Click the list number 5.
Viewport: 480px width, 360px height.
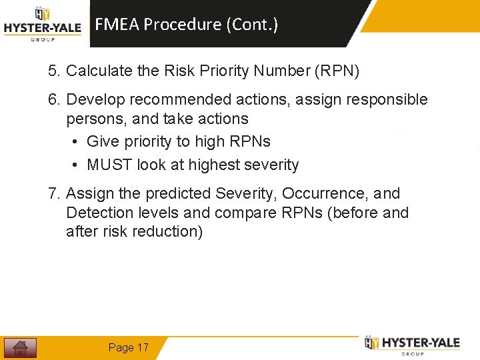[x=53, y=71]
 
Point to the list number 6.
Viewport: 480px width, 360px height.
[x=53, y=100]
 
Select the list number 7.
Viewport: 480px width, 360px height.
[x=53, y=194]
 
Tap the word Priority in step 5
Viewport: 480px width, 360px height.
[x=205, y=71]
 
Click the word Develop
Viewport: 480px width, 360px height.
[x=95, y=100]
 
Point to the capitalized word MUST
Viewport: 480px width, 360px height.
[x=109, y=165]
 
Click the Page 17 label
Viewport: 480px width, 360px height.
[x=129, y=347]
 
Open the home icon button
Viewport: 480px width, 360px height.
[x=20, y=347]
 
